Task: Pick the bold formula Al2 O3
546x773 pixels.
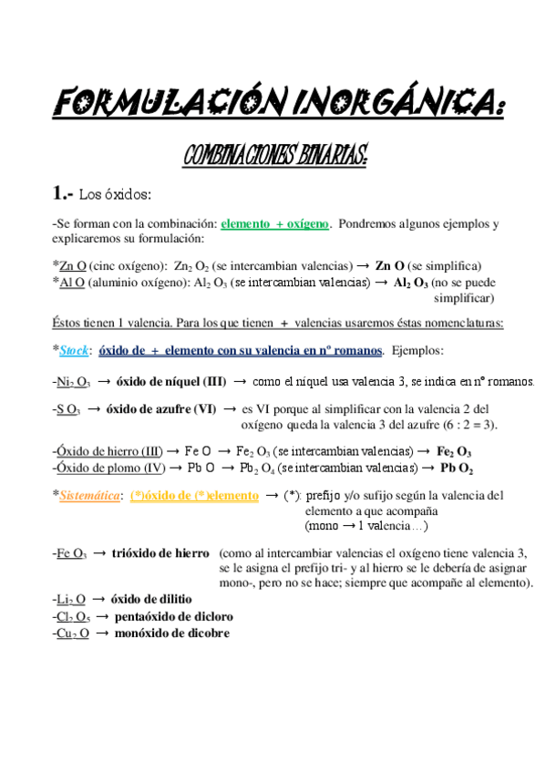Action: (410, 283)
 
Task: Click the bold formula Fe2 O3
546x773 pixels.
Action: (454, 452)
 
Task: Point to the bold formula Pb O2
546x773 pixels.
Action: (455, 469)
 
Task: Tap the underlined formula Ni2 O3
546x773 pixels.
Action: (73, 381)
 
